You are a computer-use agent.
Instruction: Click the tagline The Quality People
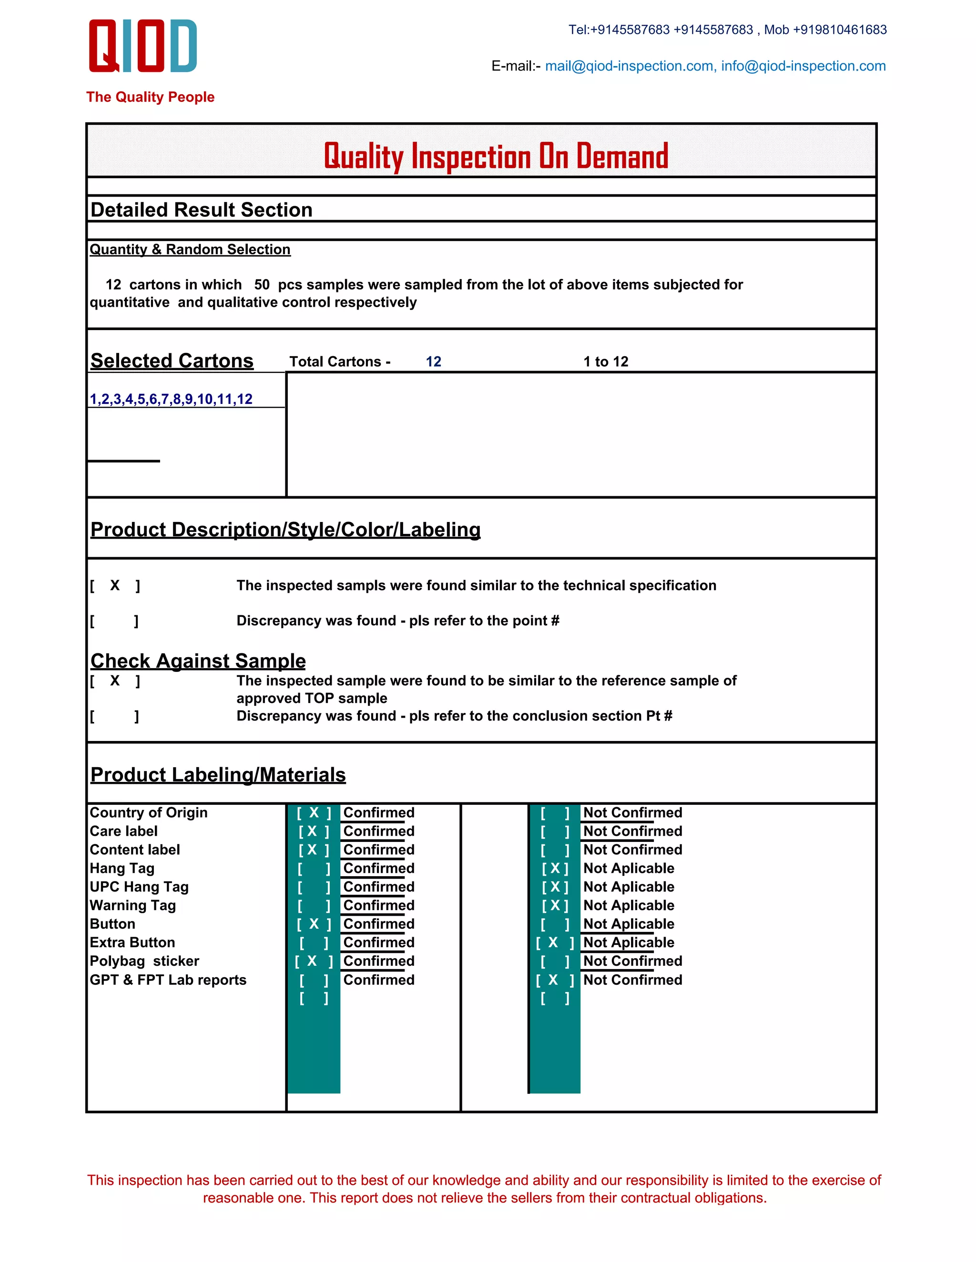[x=150, y=97]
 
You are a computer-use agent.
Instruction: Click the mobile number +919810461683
[x=840, y=30]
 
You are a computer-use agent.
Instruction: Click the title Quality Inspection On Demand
[x=496, y=156]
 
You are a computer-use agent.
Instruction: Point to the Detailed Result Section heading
[x=201, y=210]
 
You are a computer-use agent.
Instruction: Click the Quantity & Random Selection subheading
[x=190, y=250]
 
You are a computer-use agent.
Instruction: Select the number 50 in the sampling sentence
[x=262, y=285]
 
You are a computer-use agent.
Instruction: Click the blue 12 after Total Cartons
[x=433, y=362]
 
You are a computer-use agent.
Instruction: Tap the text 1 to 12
[x=605, y=362]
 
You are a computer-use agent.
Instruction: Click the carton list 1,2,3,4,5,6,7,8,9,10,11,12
[x=171, y=399]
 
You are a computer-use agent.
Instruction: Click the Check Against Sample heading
[x=198, y=661]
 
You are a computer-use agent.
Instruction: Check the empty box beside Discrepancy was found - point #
[x=114, y=621]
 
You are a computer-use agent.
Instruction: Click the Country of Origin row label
[x=149, y=812]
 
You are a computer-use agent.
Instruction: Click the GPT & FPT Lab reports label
[x=168, y=980]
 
